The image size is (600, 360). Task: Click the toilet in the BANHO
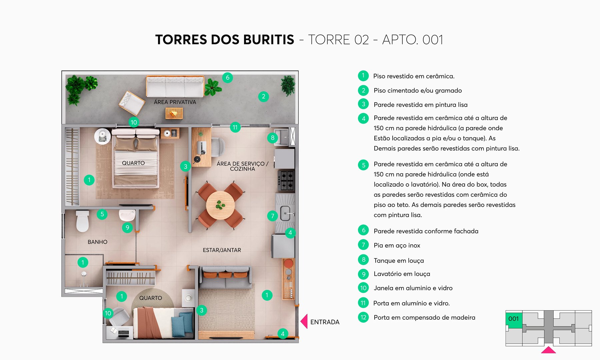pyautogui.click(x=82, y=221)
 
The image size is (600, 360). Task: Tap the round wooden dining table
pyautogui.click(x=220, y=205)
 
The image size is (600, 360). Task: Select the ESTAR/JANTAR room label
pyautogui.click(x=222, y=250)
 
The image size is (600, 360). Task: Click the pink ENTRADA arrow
pyautogui.click(x=304, y=322)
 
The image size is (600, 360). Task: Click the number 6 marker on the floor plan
pyautogui.click(x=227, y=78)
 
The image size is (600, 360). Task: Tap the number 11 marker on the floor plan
pyautogui.click(x=235, y=127)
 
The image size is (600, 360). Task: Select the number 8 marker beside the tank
pyautogui.click(x=273, y=138)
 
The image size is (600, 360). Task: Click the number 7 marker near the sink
pyautogui.click(x=272, y=216)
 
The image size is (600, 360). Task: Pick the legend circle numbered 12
pyautogui.click(x=363, y=317)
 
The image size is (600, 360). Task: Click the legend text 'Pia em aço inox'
pyautogui.click(x=397, y=245)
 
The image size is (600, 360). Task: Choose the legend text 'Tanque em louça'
pyautogui.click(x=399, y=261)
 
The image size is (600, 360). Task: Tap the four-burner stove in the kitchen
pyautogui.click(x=286, y=180)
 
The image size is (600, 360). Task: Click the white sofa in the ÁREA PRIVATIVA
pyautogui.click(x=175, y=87)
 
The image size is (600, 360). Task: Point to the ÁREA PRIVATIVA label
pyautogui.click(x=175, y=102)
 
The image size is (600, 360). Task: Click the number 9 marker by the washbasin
pyautogui.click(x=127, y=228)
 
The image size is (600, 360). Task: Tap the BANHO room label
pyautogui.click(x=97, y=242)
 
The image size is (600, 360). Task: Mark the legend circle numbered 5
pyautogui.click(x=363, y=165)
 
